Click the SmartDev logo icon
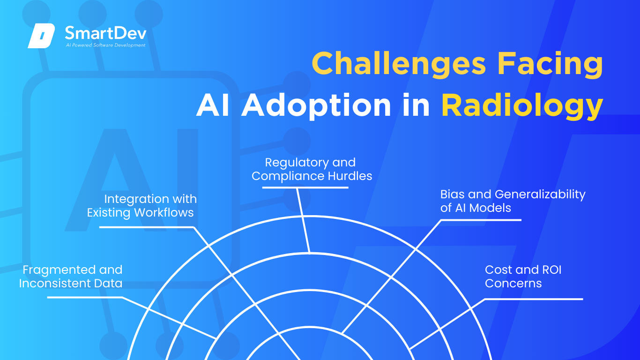(41, 36)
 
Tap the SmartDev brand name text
(105, 32)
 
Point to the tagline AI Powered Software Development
(105, 45)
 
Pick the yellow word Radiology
(522, 106)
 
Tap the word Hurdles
(350, 176)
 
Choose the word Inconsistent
(59, 284)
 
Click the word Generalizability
(540, 194)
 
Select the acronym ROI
(551, 270)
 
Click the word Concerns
(513, 284)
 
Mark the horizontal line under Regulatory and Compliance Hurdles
(305, 187)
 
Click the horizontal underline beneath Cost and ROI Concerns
(534, 299)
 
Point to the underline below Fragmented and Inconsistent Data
(85, 297)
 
